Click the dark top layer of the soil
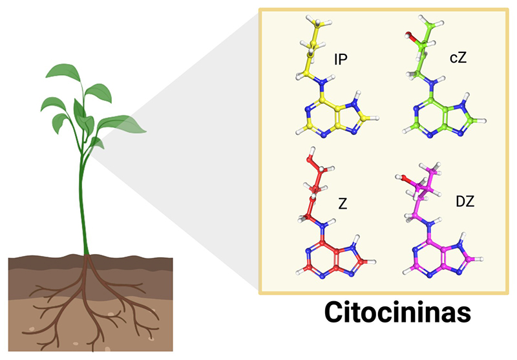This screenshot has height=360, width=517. [39, 262]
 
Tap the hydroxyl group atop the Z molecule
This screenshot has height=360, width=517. [311, 156]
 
